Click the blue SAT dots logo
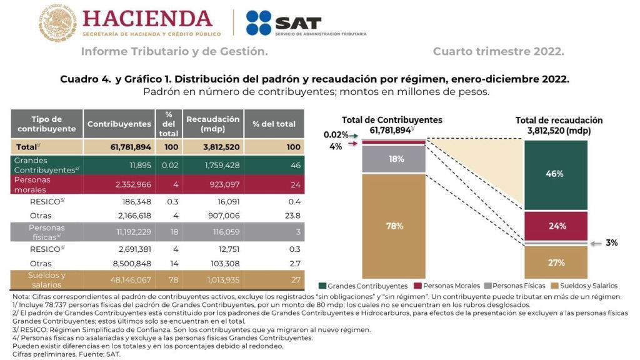[x=258, y=23]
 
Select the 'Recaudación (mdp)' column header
[x=212, y=124]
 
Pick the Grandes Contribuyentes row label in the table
[x=47, y=165]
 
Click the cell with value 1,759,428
[x=212, y=166]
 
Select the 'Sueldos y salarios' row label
[x=47, y=279]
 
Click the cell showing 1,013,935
[x=212, y=280]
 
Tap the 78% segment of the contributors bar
[x=394, y=226]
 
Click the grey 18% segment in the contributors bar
[x=394, y=159]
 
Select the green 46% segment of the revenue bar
[x=555, y=174]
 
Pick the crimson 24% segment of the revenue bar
[x=555, y=226]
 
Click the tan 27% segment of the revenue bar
[x=555, y=262]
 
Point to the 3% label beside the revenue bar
[x=611, y=242]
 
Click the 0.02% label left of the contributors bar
[x=335, y=134]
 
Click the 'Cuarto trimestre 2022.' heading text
[x=498, y=51]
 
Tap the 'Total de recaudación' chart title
[x=558, y=120]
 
